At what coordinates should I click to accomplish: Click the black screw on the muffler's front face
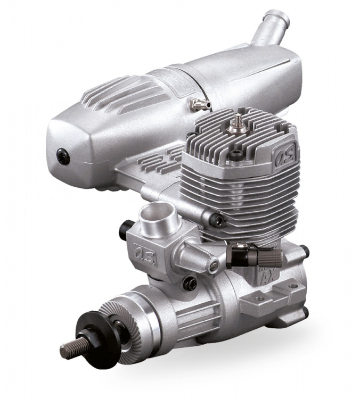(62, 155)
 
